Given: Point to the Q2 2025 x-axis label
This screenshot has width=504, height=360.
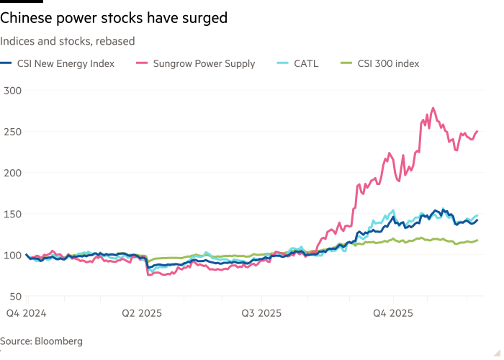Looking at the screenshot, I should coord(143,313).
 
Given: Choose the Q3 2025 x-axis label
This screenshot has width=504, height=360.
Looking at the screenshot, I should coord(261,313).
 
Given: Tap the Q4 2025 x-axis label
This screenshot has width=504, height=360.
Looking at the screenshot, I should coord(393,313).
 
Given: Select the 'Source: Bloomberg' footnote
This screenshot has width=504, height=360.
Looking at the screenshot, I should coord(41,341).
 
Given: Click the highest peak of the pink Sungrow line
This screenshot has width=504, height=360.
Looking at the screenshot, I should coord(433,108).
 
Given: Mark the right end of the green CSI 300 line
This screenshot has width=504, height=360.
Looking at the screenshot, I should coord(478,240).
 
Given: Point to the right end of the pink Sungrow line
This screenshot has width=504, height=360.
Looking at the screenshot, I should coord(478,131).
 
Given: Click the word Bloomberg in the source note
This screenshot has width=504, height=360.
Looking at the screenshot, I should coord(59,341).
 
